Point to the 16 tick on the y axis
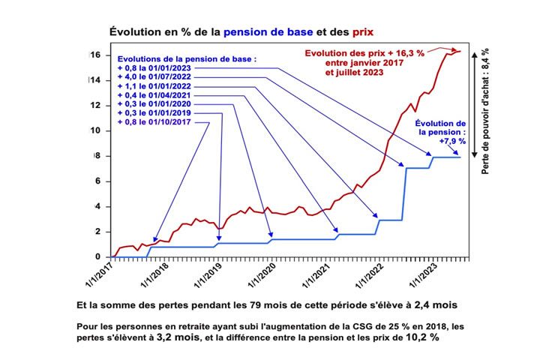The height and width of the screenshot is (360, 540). [95, 55]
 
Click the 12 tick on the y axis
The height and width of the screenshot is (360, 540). [95, 105]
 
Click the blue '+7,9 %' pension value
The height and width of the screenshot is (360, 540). [453, 140]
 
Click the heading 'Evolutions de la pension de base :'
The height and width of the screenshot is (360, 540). [186, 58]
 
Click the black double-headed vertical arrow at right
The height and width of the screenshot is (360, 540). [473, 104]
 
